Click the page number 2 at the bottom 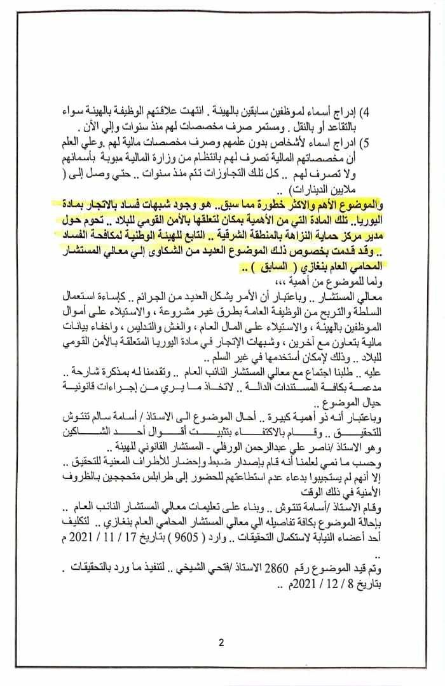pyautogui.click(x=221, y=642)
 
